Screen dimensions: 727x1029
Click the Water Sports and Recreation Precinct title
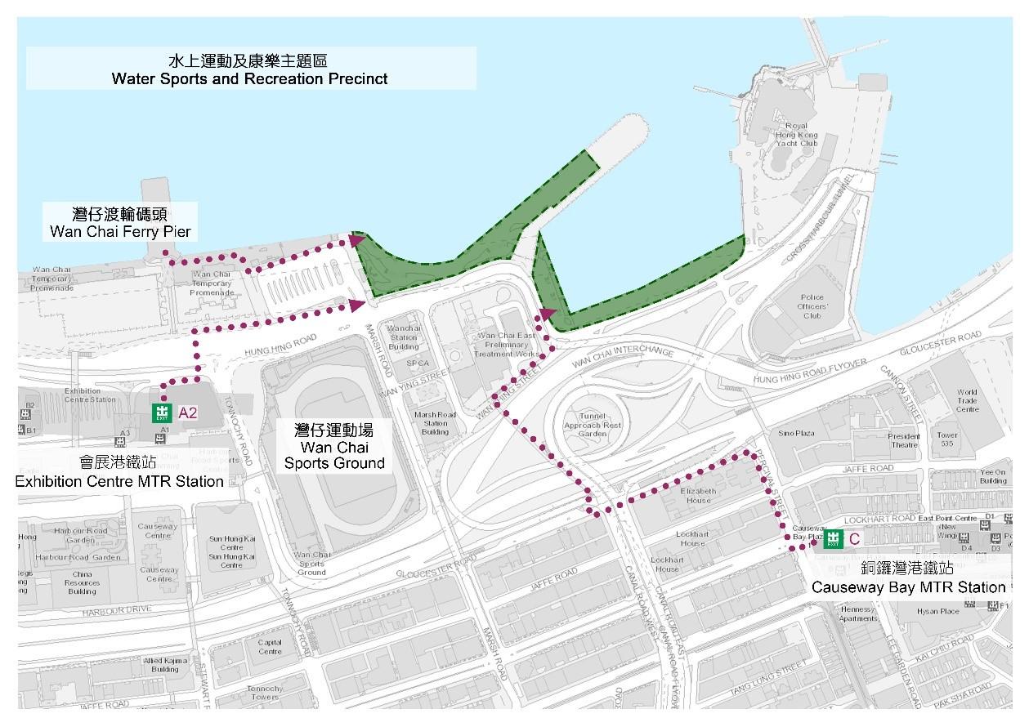[250, 70]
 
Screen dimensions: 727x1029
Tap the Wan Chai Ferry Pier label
[120, 223]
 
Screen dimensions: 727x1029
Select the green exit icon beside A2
[164, 413]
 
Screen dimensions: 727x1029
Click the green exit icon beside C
[833, 538]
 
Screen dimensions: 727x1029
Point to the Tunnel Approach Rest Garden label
[599, 425]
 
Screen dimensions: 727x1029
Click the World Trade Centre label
[967, 400]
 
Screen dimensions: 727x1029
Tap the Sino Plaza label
[797, 433]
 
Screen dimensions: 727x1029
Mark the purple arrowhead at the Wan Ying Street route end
[547, 314]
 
